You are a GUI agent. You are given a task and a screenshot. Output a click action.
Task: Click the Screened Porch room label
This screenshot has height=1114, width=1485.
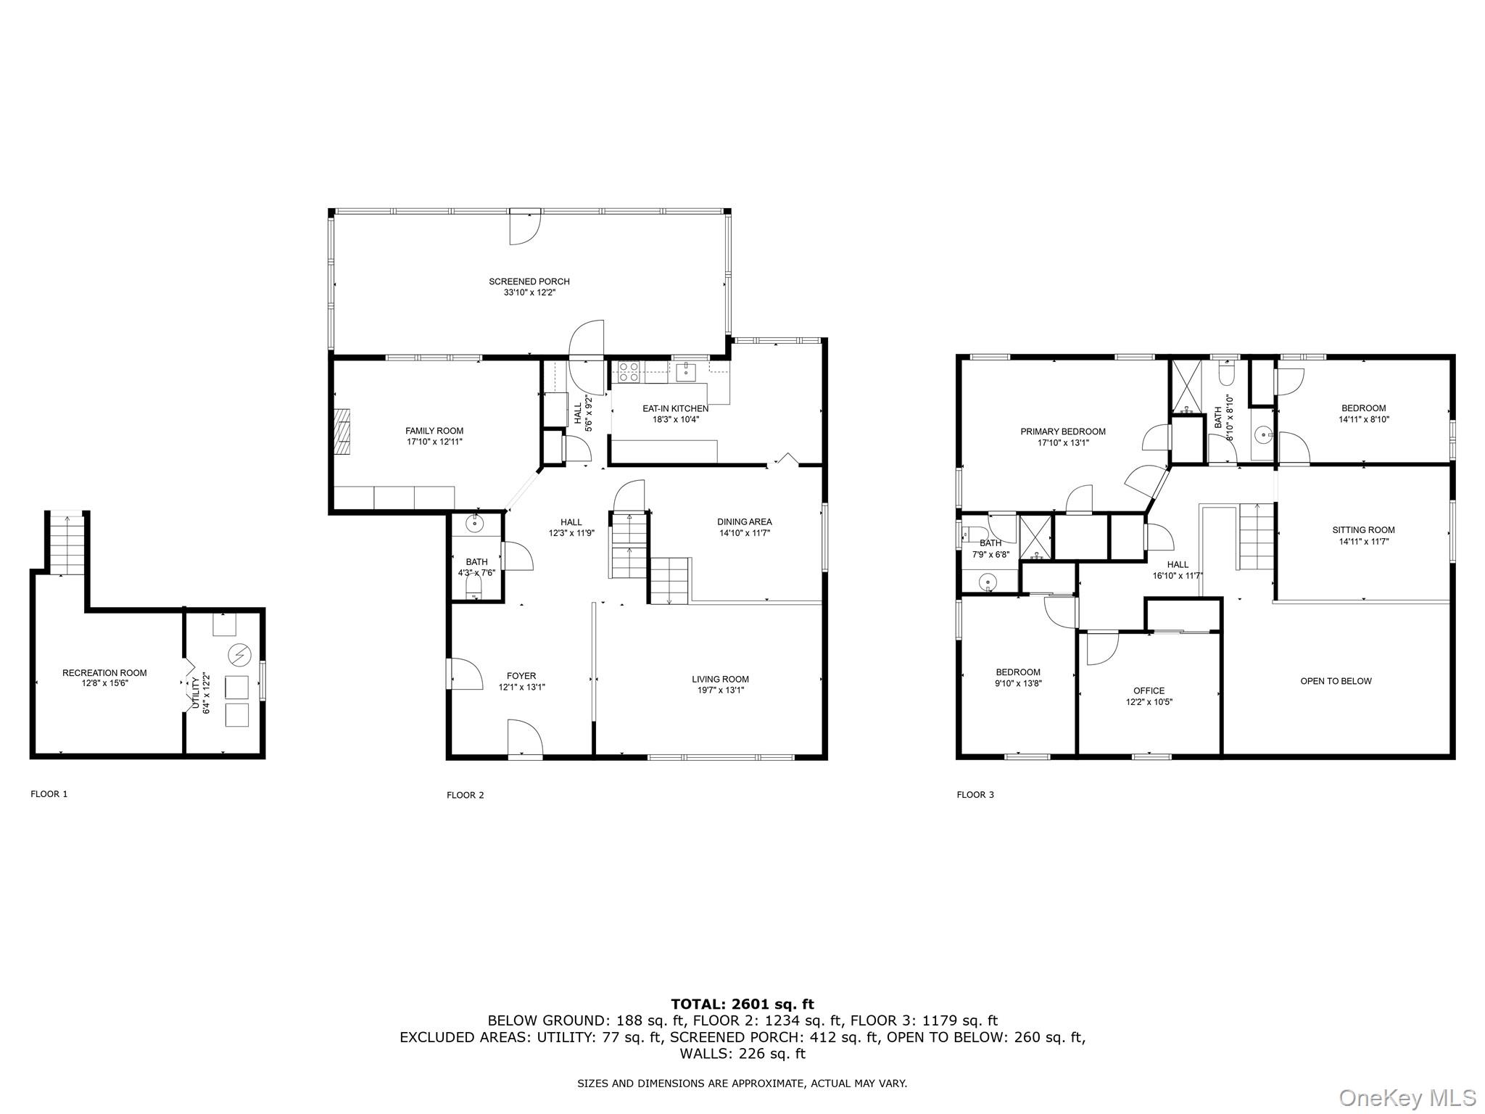[x=529, y=281]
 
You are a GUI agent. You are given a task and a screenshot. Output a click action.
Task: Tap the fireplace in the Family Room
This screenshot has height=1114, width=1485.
[x=342, y=431]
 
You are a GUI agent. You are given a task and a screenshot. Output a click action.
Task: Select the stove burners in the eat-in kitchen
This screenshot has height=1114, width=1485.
[x=629, y=371]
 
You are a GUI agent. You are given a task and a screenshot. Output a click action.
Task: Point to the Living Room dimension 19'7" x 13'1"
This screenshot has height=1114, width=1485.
[x=720, y=690]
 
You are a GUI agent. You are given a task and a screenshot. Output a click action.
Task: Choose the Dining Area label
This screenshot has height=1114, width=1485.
[x=744, y=521]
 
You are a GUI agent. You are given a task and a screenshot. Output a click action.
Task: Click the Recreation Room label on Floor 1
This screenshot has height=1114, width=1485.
[x=104, y=673]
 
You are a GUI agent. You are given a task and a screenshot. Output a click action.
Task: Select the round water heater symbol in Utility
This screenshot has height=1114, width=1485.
[x=239, y=656]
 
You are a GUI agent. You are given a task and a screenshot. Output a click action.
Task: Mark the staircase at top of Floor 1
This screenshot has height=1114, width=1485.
[x=68, y=543]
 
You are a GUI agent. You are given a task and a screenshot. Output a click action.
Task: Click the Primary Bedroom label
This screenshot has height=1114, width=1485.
[x=1062, y=432]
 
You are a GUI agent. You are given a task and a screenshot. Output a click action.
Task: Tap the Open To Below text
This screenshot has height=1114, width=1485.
[x=1336, y=681]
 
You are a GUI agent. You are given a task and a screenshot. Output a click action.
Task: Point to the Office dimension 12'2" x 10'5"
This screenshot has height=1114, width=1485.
[x=1149, y=702]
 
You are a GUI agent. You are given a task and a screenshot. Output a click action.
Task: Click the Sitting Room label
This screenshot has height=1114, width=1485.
[x=1363, y=530]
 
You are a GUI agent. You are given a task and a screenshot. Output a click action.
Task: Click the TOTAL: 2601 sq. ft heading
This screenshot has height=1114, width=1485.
[x=742, y=1004]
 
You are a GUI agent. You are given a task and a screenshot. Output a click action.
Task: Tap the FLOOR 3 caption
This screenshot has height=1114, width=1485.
[x=975, y=795]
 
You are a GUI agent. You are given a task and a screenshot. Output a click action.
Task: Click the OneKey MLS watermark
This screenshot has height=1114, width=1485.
[x=1407, y=1097]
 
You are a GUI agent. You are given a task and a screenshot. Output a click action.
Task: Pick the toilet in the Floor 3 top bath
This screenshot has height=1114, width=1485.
[x=1226, y=374]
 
